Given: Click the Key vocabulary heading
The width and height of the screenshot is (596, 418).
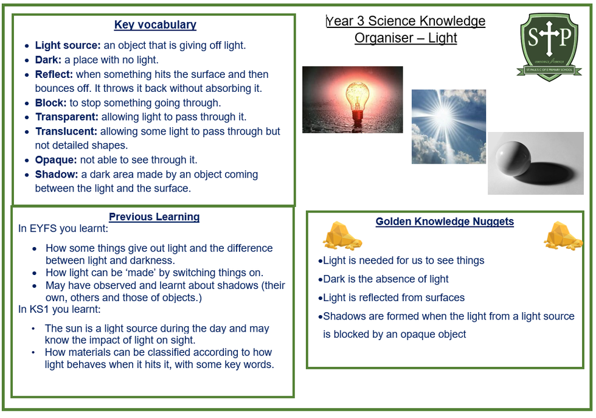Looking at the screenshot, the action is pos(155,25).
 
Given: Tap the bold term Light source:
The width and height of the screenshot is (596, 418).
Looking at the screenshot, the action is pos(68,45).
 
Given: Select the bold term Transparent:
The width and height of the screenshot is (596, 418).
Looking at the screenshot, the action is pos(67,117).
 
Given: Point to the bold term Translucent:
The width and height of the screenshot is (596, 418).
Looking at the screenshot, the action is pos(66,131).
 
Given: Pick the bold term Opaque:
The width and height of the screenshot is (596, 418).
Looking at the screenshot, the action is pos(56,160).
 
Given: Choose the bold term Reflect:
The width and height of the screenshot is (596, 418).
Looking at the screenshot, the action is pos(54,74).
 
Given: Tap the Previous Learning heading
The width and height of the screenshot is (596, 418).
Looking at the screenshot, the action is pos(154,217).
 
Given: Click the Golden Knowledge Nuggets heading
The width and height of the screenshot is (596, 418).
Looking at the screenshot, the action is pos(445,221).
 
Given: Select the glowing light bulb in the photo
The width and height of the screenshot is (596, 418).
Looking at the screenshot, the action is pos(358,100).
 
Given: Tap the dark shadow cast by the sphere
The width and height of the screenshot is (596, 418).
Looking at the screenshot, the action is pos(547,172).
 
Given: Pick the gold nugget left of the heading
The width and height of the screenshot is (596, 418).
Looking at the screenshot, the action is pos(342,236).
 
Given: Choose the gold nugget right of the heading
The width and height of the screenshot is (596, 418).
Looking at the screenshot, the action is pos(563,236).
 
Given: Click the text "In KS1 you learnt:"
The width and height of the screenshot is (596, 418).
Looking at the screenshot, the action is pos(60,309).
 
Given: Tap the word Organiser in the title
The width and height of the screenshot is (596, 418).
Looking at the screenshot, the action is pos(384,38).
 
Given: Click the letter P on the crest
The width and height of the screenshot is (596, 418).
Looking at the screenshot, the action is pos(565,37).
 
